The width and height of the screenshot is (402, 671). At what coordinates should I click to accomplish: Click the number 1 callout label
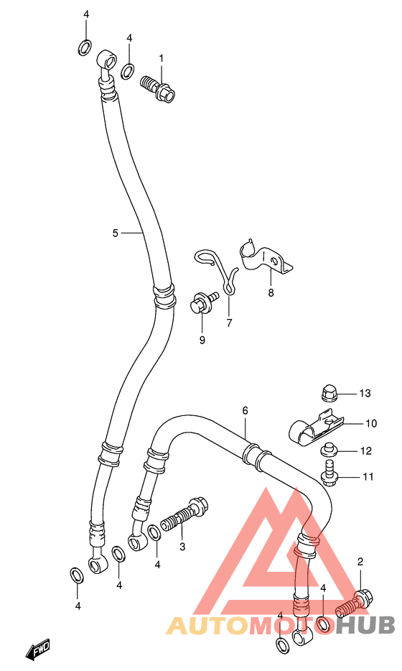(162, 57)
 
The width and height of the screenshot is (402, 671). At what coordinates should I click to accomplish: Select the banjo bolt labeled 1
(158, 88)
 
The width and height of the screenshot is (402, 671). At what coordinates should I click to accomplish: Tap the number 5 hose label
(115, 233)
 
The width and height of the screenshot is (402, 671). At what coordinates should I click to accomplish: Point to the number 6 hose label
(245, 411)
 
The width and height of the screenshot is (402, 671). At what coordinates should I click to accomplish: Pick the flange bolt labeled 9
(203, 302)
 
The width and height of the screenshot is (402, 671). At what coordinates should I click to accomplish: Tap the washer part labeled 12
(329, 450)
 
